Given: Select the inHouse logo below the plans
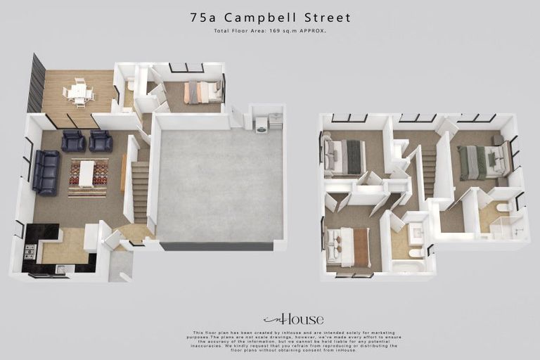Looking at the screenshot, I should pos(293,319).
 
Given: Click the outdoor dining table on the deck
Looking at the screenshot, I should pos(79,92).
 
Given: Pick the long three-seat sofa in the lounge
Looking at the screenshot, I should pos(47,172).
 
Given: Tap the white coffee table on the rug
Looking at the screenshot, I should pos(86,174).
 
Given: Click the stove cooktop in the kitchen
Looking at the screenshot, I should pos(30,251).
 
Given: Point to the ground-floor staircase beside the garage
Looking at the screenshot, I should pos(140,190).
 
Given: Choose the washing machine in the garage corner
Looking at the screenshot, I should pos(261,124).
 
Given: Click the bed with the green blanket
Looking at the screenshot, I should pos(484,161).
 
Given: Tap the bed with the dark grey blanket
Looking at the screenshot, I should pos(345,157).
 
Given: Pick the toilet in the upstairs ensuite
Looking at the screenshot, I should pos(502,208).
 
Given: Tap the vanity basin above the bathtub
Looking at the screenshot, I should pos(416,232).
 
